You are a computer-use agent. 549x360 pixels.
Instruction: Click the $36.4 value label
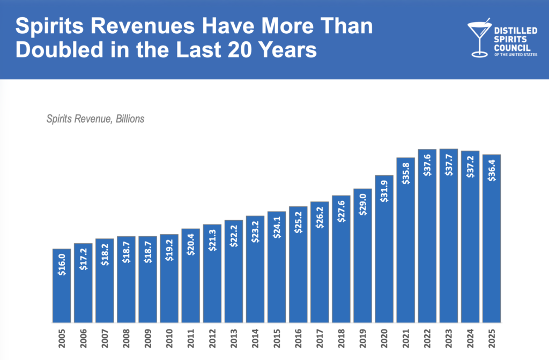492,170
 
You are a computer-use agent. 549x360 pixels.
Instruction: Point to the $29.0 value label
362,204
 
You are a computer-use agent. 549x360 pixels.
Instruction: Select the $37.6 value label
427,164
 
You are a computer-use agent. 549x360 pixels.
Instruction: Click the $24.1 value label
277,227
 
